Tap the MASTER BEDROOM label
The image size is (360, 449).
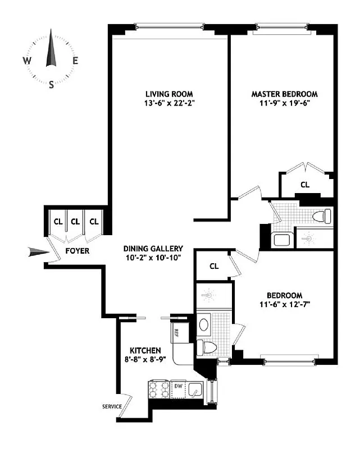tap(284, 94)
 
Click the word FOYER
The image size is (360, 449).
tap(77, 251)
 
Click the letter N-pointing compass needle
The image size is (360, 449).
tap(52, 49)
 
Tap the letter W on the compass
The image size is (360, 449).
tap(27, 61)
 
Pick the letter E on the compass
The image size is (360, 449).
tap(75, 61)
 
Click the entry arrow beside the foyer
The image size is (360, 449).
tap(39, 254)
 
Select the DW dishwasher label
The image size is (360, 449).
tap(178, 386)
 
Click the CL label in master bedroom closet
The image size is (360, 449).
tap(305, 184)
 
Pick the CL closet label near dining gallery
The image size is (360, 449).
tap(214, 266)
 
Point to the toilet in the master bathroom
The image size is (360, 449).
tap(322, 217)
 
